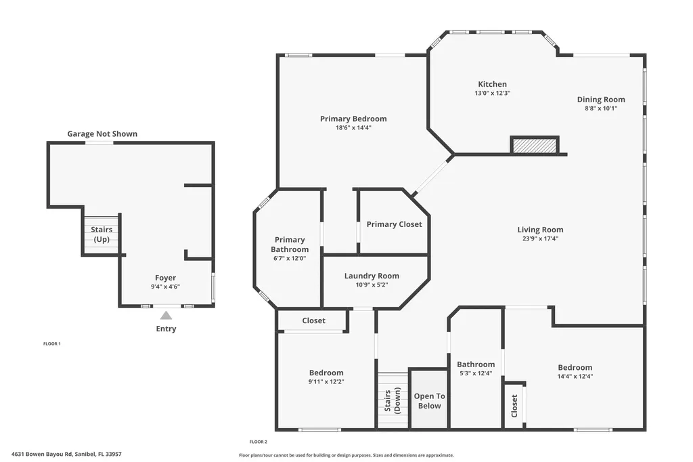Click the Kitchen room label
491,84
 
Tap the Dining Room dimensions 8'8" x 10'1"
600,108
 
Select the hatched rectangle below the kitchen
535,145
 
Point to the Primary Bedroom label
353,119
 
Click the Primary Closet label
394,224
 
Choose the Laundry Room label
372,276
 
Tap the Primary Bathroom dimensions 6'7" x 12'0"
290,258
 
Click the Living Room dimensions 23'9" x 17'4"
540,238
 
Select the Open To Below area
429,401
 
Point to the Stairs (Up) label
102,234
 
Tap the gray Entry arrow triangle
166,315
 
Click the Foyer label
165,278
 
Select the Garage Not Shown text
102,134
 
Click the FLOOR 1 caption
52,344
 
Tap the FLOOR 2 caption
259,442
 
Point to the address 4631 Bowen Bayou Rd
66,454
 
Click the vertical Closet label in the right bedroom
514,406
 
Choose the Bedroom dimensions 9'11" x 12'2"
326,381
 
